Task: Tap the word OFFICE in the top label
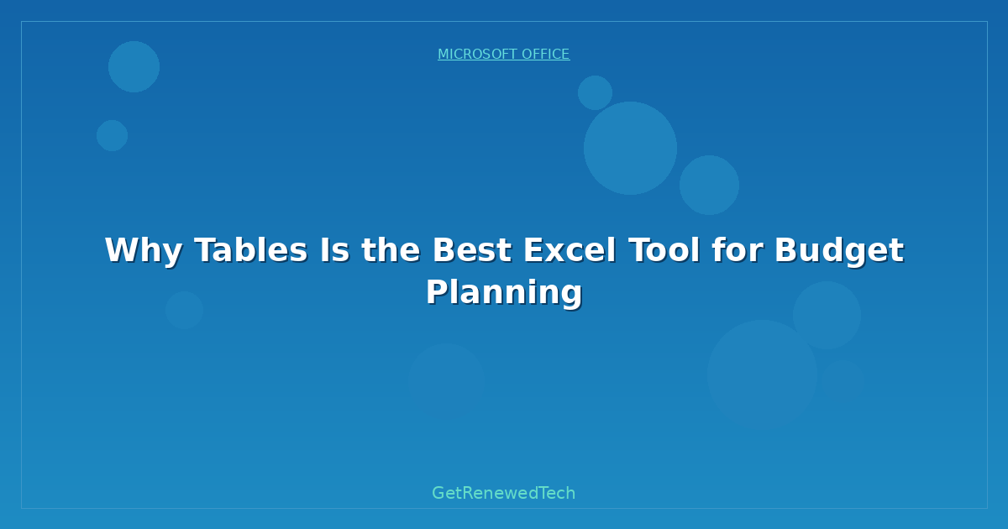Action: click(545, 55)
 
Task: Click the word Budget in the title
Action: click(838, 251)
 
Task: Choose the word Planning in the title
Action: click(504, 293)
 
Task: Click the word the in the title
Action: click(391, 251)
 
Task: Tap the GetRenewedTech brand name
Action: click(504, 494)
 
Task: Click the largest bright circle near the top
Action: click(630, 148)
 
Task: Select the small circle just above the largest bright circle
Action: click(595, 92)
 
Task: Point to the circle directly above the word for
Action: click(709, 185)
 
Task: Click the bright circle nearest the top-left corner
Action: click(134, 66)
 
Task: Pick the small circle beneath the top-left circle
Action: click(112, 135)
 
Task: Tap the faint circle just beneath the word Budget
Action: click(827, 315)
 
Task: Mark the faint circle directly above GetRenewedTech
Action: click(446, 381)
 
